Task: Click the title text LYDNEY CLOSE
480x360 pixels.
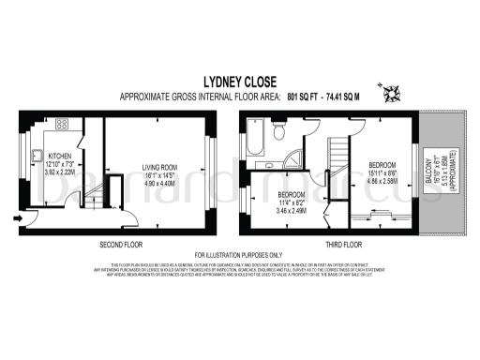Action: point(240,82)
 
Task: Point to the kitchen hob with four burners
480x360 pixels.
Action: point(62,124)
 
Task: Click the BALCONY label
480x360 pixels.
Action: point(430,178)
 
